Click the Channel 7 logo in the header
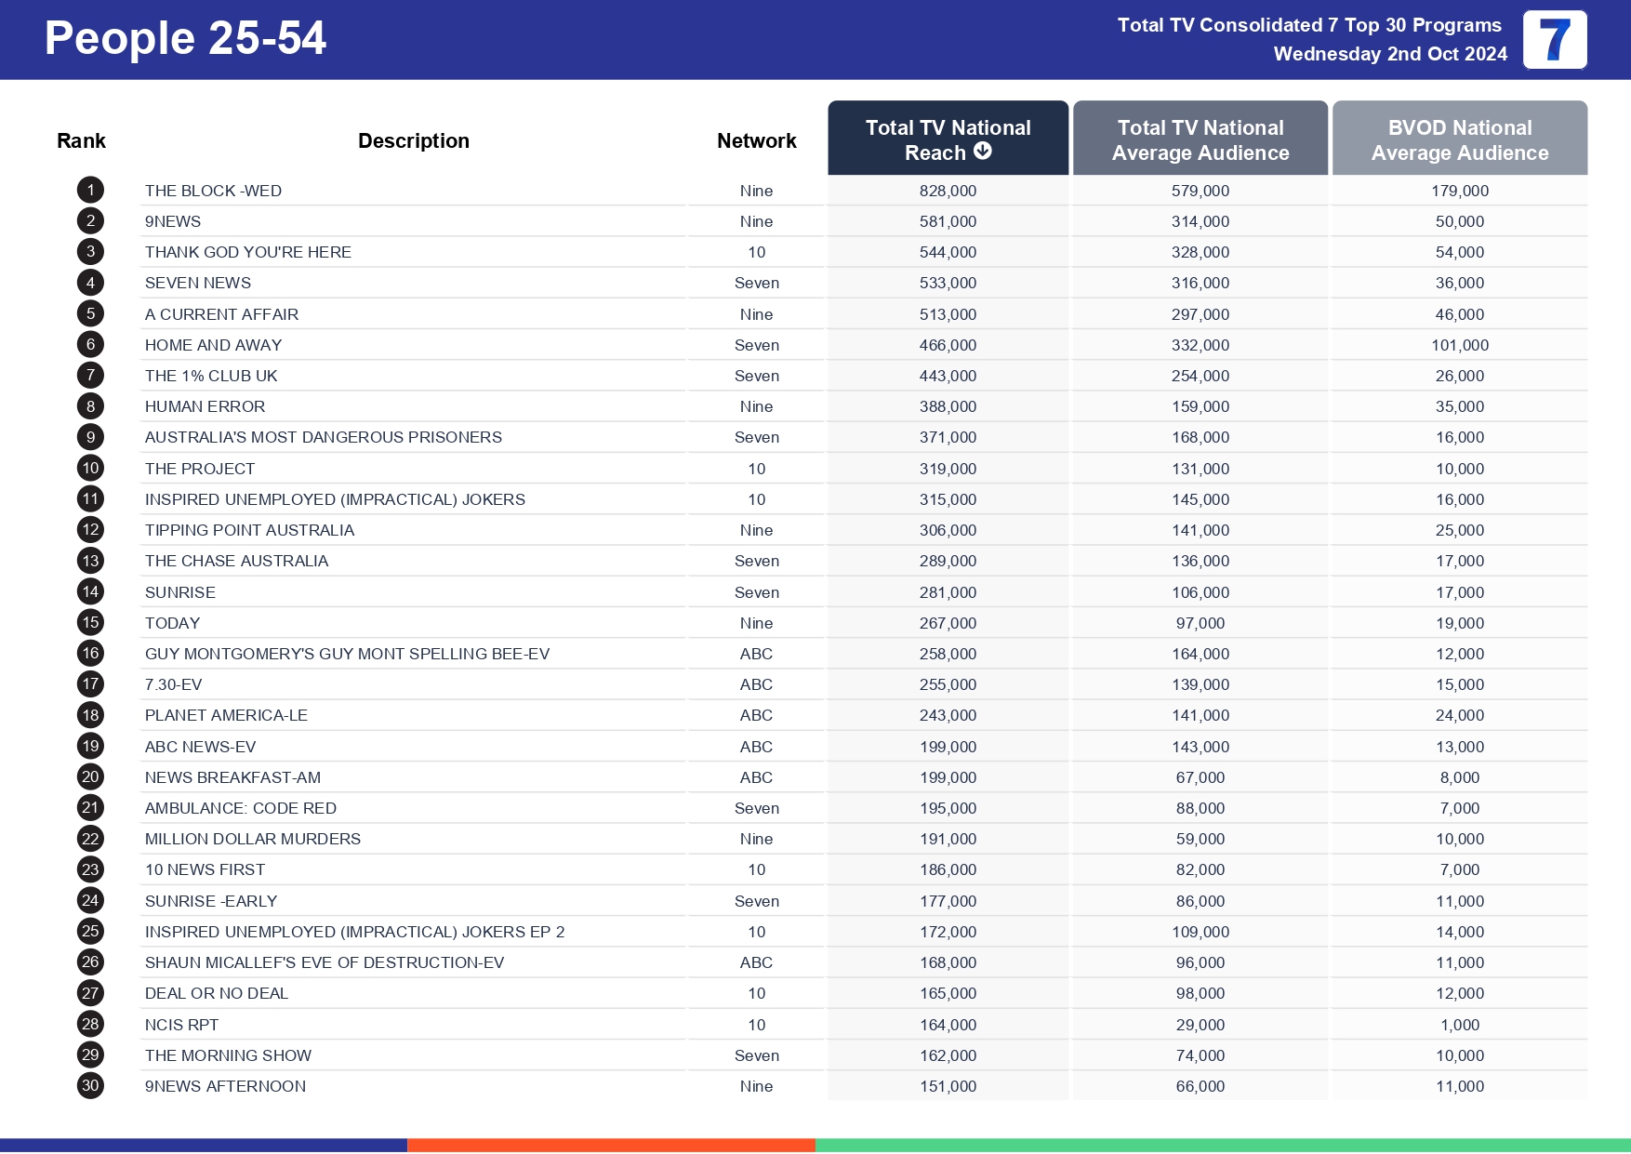pos(1554,40)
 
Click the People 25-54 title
pos(185,39)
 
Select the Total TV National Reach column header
pos(948,139)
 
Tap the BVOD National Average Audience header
pos(1459,139)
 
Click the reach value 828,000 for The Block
pos(948,191)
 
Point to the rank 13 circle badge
pos(90,561)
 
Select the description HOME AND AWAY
pos(213,345)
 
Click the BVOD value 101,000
pos(1459,345)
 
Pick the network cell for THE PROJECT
pos(756,469)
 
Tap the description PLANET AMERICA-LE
pos(226,715)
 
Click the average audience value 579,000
pos(1200,191)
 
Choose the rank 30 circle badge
pos(90,1085)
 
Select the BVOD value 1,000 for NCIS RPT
pos(1459,1025)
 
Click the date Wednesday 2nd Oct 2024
pos(1389,54)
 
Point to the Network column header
pos(756,140)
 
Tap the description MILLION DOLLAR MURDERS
pos(252,839)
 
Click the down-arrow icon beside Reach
pos(983,151)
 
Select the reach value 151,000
pos(948,1086)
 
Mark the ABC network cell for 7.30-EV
pos(756,684)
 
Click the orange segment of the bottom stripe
pos(611,1146)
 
